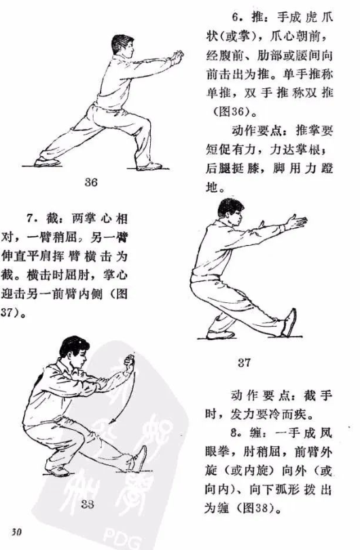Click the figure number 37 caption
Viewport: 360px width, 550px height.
(244, 363)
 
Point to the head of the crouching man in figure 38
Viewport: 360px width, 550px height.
(73, 349)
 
